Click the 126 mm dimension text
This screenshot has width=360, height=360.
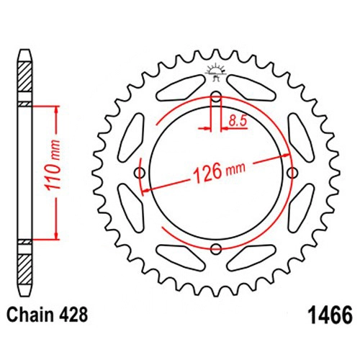pyautogui.click(x=219, y=171)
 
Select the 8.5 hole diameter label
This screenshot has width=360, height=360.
pyautogui.click(x=238, y=120)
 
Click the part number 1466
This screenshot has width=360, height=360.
pyautogui.click(x=331, y=315)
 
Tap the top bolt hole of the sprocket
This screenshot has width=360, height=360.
pyautogui.click(x=216, y=96)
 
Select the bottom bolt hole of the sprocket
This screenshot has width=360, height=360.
pyautogui.click(x=216, y=248)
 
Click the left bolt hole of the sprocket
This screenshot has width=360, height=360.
pyautogui.click(x=140, y=173)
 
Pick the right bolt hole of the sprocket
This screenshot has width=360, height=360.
pyautogui.click(x=292, y=173)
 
